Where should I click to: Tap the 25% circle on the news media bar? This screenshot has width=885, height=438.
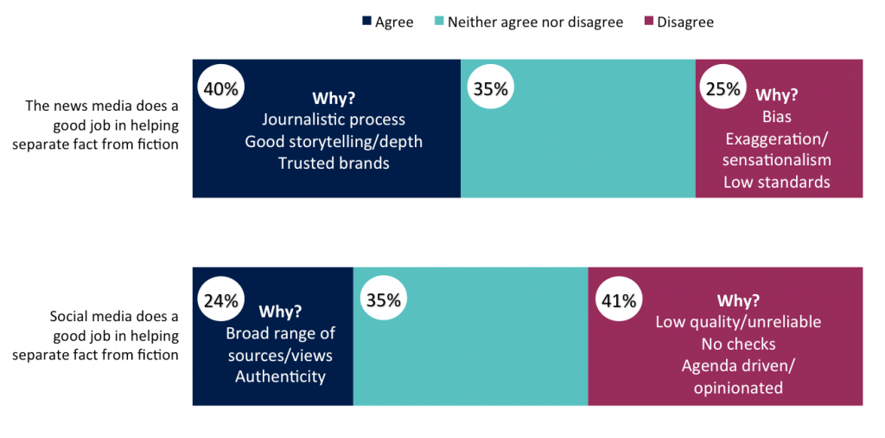tap(723, 88)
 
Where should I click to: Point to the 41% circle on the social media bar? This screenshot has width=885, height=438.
tap(618, 300)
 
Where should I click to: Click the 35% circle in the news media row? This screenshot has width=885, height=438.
tap(490, 88)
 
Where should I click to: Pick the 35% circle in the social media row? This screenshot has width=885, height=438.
tap(383, 300)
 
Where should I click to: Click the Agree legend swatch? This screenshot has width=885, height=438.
tap(366, 23)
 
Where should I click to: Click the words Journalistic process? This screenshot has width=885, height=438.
tap(334, 119)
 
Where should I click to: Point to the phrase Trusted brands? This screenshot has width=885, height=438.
tap(334, 163)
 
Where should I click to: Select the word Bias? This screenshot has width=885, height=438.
tap(777, 116)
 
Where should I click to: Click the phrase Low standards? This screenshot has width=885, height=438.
tap(777, 182)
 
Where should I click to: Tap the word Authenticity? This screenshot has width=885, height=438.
tap(280, 376)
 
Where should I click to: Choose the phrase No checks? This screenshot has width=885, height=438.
tap(738, 345)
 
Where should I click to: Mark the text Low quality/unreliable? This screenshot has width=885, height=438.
tap(738, 322)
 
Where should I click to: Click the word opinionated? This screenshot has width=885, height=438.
tap(738, 388)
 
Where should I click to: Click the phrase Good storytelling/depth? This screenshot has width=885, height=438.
tap(334, 141)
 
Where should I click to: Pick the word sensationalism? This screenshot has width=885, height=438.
tap(777, 159)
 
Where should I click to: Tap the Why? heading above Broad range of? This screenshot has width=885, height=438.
tap(280, 312)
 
